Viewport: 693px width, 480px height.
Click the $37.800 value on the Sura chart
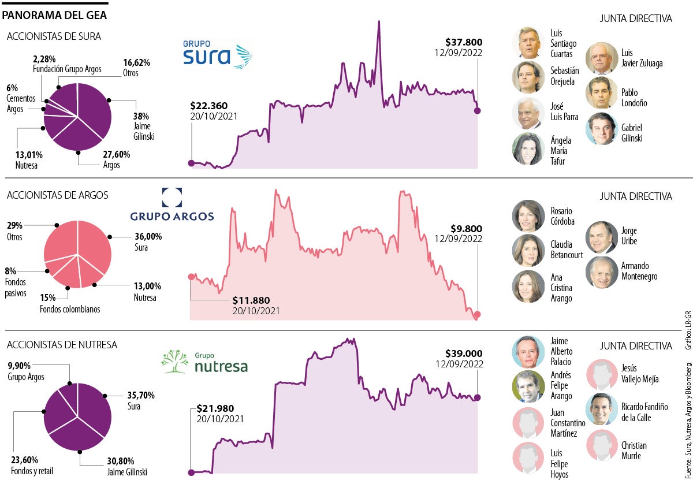tap(464, 42)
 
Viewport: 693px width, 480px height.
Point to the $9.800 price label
tap(467, 228)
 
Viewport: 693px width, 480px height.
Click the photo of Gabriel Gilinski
tap(601, 128)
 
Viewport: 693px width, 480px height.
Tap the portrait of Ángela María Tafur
tap(528, 149)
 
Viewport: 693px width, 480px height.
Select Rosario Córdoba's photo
tap(528, 216)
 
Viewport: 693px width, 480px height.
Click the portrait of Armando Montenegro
tap(601, 272)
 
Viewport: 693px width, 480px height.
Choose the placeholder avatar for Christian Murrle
tap(601, 445)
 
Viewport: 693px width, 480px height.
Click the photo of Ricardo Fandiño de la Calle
tap(601, 410)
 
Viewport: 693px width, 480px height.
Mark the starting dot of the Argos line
tap(191, 277)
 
